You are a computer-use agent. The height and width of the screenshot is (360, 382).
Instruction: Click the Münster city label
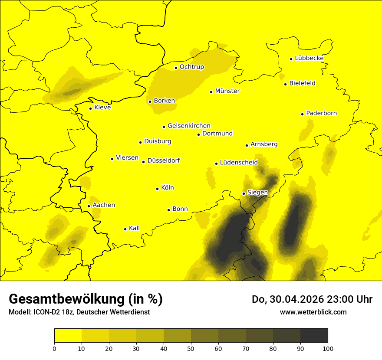pyautogui.click(x=227, y=91)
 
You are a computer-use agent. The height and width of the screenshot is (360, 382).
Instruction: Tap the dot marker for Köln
pyautogui.click(x=158, y=189)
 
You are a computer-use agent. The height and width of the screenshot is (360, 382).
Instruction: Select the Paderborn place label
pyautogui.click(x=322, y=113)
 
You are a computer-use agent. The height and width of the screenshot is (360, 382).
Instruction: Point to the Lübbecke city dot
pyautogui.click(x=291, y=59)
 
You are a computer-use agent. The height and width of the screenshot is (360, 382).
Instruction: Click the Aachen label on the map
pyautogui.click(x=104, y=205)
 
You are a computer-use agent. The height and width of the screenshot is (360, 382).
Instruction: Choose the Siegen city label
pyautogui.click(x=257, y=193)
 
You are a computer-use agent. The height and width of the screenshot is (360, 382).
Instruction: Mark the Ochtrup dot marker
pyautogui.click(x=176, y=68)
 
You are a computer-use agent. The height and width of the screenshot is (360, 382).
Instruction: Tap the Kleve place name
pyautogui.click(x=102, y=108)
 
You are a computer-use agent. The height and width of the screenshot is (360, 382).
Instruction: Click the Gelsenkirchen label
pyautogui.click(x=189, y=126)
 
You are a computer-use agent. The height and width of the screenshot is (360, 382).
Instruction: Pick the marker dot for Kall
pyautogui.click(x=125, y=229)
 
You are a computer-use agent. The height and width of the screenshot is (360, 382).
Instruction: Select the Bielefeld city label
pyautogui.click(x=302, y=83)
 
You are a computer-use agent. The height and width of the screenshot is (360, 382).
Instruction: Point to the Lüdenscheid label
pyautogui.click(x=239, y=163)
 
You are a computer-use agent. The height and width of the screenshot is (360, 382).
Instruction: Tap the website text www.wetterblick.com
pyautogui.click(x=313, y=312)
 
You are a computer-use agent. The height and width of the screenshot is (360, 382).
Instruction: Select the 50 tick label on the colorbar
pyautogui.click(x=191, y=348)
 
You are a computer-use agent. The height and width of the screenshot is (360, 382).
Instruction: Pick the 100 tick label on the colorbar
pyautogui.click(x=328, y=348)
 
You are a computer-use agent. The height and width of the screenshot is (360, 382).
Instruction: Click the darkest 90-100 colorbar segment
pyautogui.click(x=314, y=335)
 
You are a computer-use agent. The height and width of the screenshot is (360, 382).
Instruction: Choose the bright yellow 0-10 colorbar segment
pyautogui.click(x=68, y=335)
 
